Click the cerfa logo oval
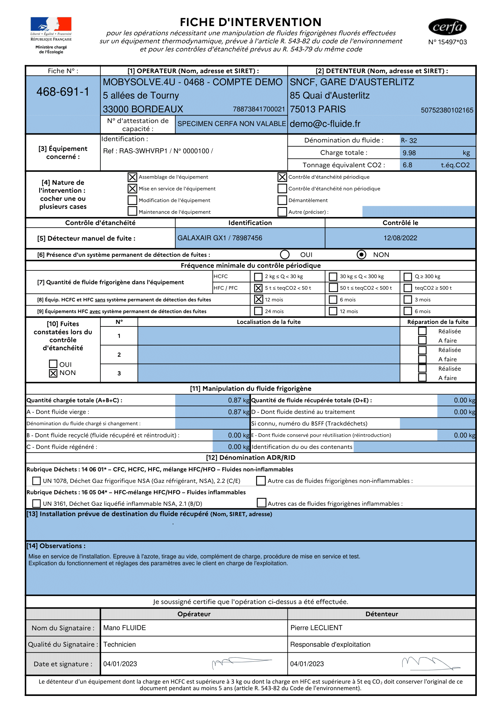click(x=447, y=27)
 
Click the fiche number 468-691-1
click(x=63, y=92)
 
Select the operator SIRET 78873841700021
click(x=259, y=109)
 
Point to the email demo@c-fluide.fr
click(x=325, y=124)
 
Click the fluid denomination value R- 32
click(x=409, y=141)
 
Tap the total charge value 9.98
click(x=409, y=153)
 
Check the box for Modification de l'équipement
click(x=132, y=200)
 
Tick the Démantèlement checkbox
click(x=282, y=200)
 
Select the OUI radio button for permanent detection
click(x=285, y=254)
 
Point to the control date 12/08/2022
click(x=400, y=238)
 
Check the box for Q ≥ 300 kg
click(x=408, y=276)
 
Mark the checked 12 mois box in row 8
click(x=258, y=299)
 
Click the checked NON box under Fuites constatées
click(x=53, y=373)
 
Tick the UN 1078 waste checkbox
click(x=36, y=481)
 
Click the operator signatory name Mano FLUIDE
click(x=124, y=628)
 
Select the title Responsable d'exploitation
click(x=330, y=644)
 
